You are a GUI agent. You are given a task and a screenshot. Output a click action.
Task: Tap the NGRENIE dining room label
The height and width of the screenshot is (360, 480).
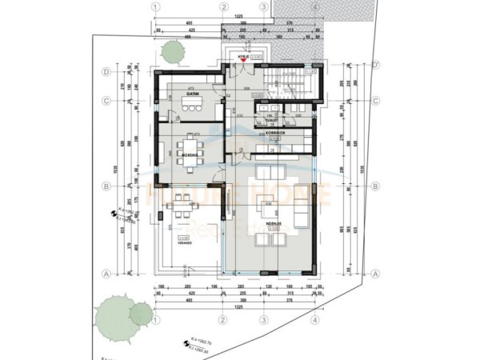pos(189,153)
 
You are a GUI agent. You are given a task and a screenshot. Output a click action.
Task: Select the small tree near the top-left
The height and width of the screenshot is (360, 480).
pos(170,51)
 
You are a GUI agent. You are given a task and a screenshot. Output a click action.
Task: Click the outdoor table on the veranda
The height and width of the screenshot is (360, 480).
pos(178,211)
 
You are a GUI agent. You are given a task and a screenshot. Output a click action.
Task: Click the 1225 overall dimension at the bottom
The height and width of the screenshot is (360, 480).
pos(238,306)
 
